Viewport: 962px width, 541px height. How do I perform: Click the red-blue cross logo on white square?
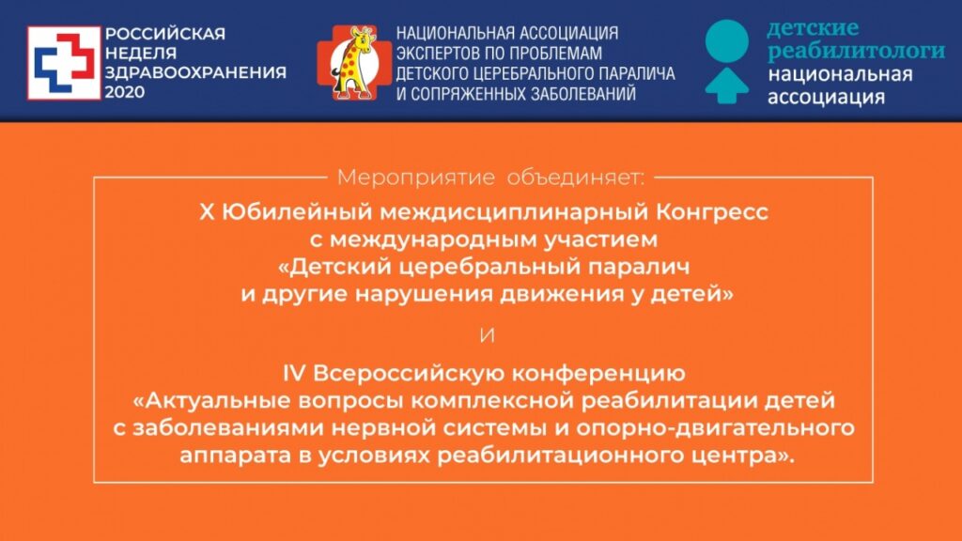pos(62,63)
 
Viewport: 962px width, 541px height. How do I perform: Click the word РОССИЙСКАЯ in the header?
pos(164,34)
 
